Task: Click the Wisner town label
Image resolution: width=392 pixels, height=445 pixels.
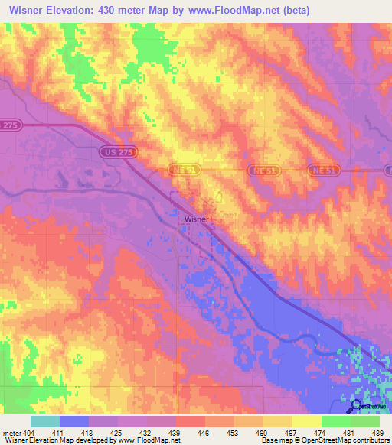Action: point(197,218)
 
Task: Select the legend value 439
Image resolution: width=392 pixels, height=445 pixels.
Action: point(175,433)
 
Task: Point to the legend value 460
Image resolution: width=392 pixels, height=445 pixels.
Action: point(262,433)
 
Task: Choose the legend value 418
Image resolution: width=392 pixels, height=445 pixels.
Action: point(89,433)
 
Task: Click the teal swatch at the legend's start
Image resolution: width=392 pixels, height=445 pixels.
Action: point(45,421)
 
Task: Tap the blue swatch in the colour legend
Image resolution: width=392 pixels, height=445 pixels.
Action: point(74,421)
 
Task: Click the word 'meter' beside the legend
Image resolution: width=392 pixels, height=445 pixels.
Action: point(13,433)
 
